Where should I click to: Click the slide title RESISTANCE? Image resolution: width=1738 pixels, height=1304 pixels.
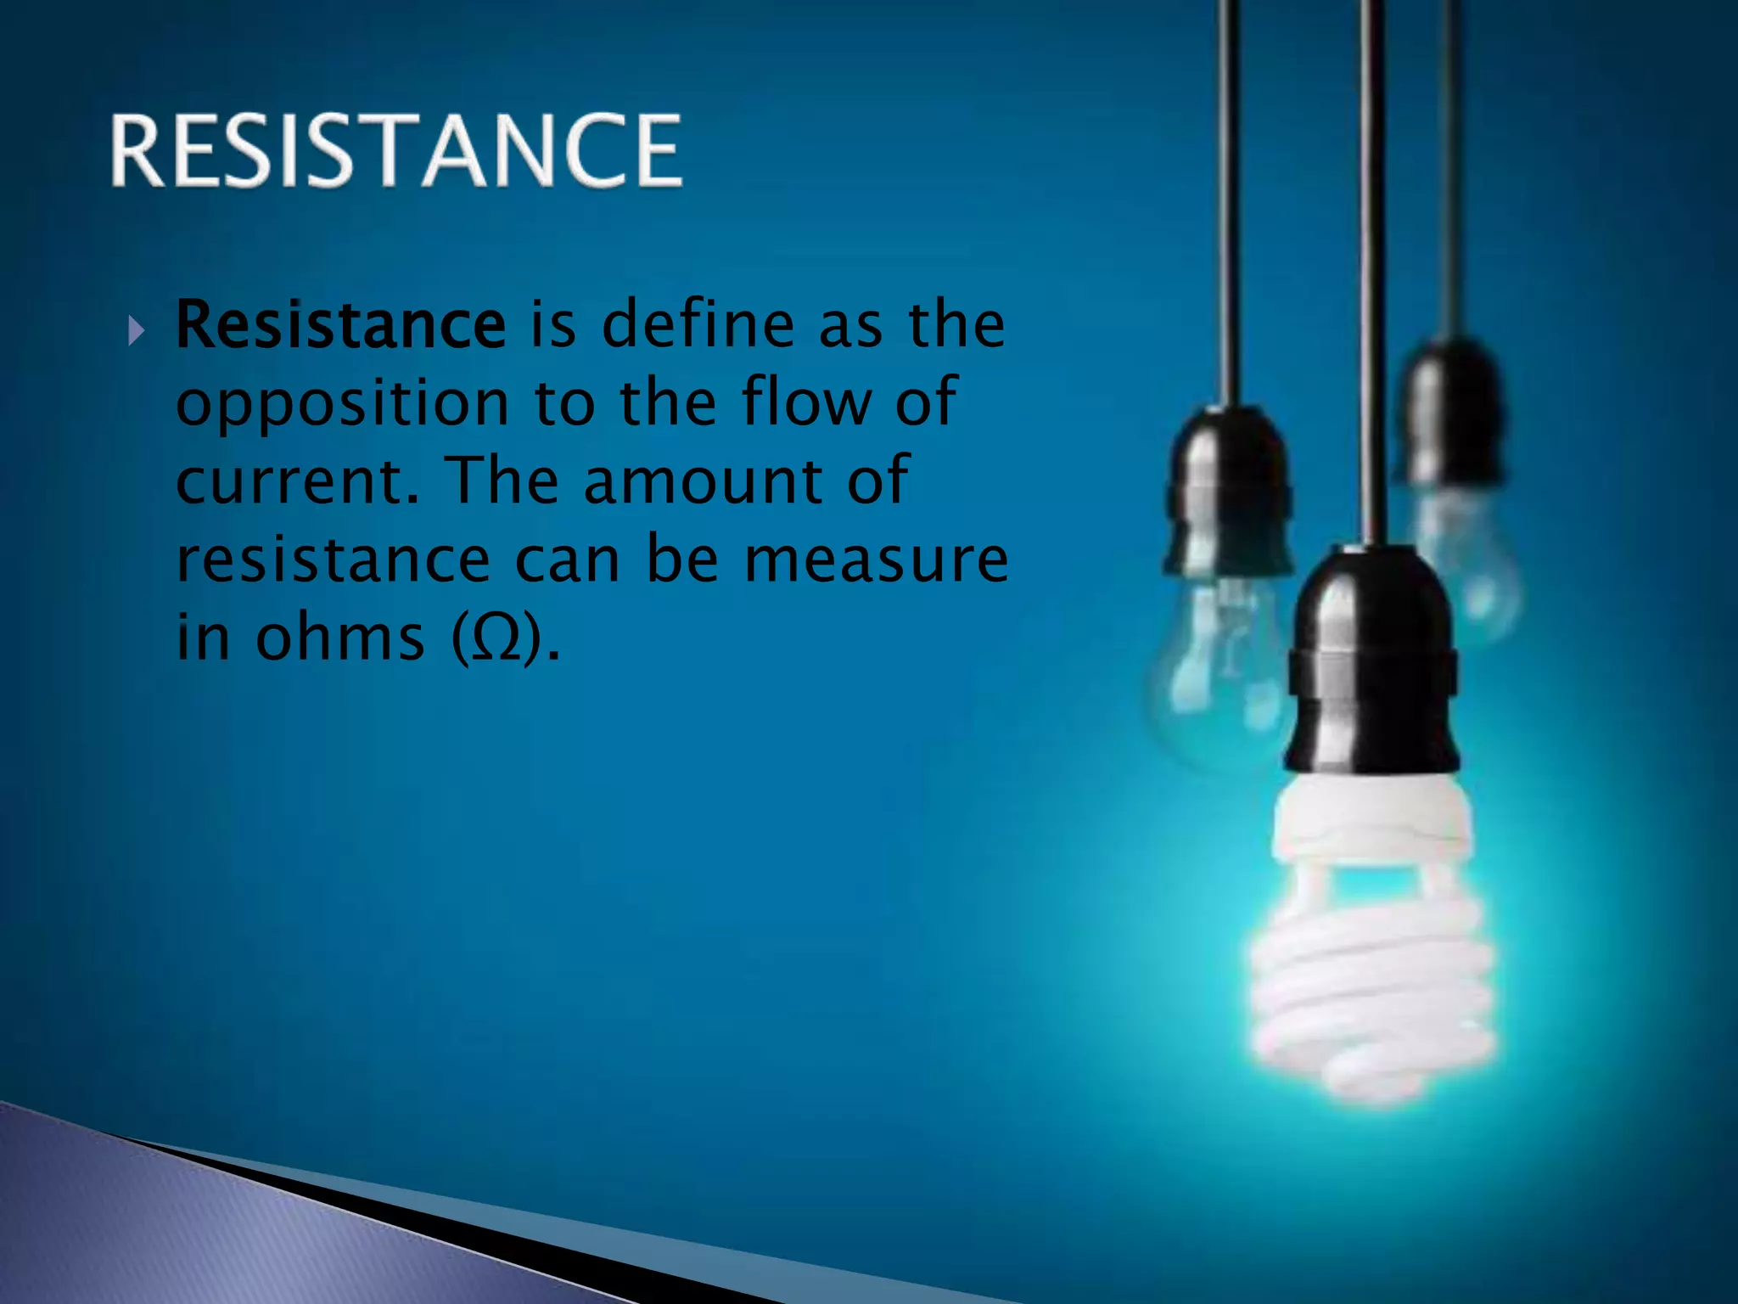pyautogui.click(x=395, y=150)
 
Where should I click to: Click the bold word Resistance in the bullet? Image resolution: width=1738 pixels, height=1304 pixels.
pyautogui.click(x=340, y=324)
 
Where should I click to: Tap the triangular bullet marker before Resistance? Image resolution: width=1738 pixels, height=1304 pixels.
pyautogui.click(x=137, y=330)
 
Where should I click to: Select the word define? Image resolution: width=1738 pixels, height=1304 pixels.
pyautogui.click(x=698, y=324)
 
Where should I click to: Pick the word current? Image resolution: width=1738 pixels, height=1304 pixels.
pyautogui.click(x=297, y=481)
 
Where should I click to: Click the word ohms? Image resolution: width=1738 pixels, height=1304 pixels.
pyautogui.click(x=339, y=637)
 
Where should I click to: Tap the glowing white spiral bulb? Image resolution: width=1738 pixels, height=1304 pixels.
pyautogui.click(x=1373, y=993)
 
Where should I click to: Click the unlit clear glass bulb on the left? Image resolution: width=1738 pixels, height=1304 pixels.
pyautogui.click(x=1218, y=671)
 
